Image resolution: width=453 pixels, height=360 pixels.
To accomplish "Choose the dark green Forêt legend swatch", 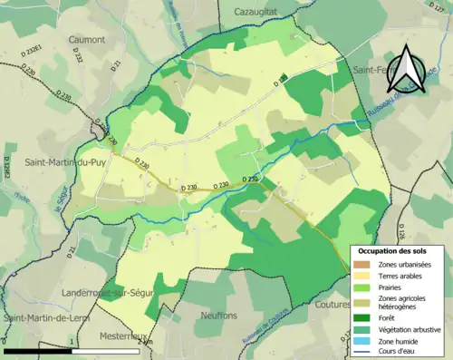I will pyautogui.click(x=361, y=317).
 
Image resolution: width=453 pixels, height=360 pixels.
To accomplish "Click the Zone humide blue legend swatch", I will pyautogui.click(x=361, y=342).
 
